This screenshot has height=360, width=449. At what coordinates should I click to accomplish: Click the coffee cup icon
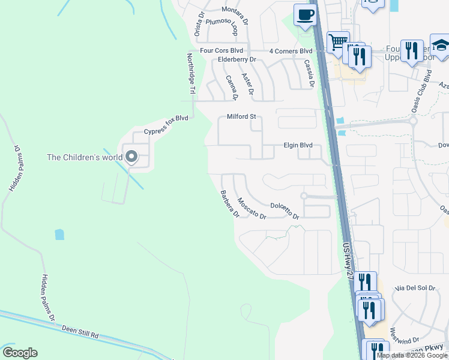coord(305,14)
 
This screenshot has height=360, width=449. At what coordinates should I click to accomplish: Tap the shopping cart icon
coord(338,41)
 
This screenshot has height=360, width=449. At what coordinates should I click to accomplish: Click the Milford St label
coord(241,116)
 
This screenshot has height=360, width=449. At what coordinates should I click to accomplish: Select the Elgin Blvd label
coord(298,145)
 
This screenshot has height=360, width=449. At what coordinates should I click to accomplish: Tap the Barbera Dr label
coord(230,204)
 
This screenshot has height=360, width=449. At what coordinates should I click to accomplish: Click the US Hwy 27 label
coord(348,260)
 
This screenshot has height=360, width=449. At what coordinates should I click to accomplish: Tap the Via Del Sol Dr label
coord(415,289)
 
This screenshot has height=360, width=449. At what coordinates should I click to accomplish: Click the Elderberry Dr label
coord(237,59)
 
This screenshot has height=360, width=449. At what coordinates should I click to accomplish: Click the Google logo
coord(20,353)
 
